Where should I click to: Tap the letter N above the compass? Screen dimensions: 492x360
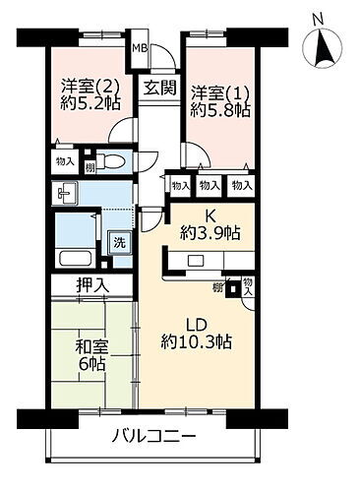coord(317,18)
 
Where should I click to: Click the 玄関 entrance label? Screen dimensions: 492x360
coord(158,87)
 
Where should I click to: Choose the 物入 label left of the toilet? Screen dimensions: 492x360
coord(65,160)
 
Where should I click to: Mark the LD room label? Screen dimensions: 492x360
coord(198,323)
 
